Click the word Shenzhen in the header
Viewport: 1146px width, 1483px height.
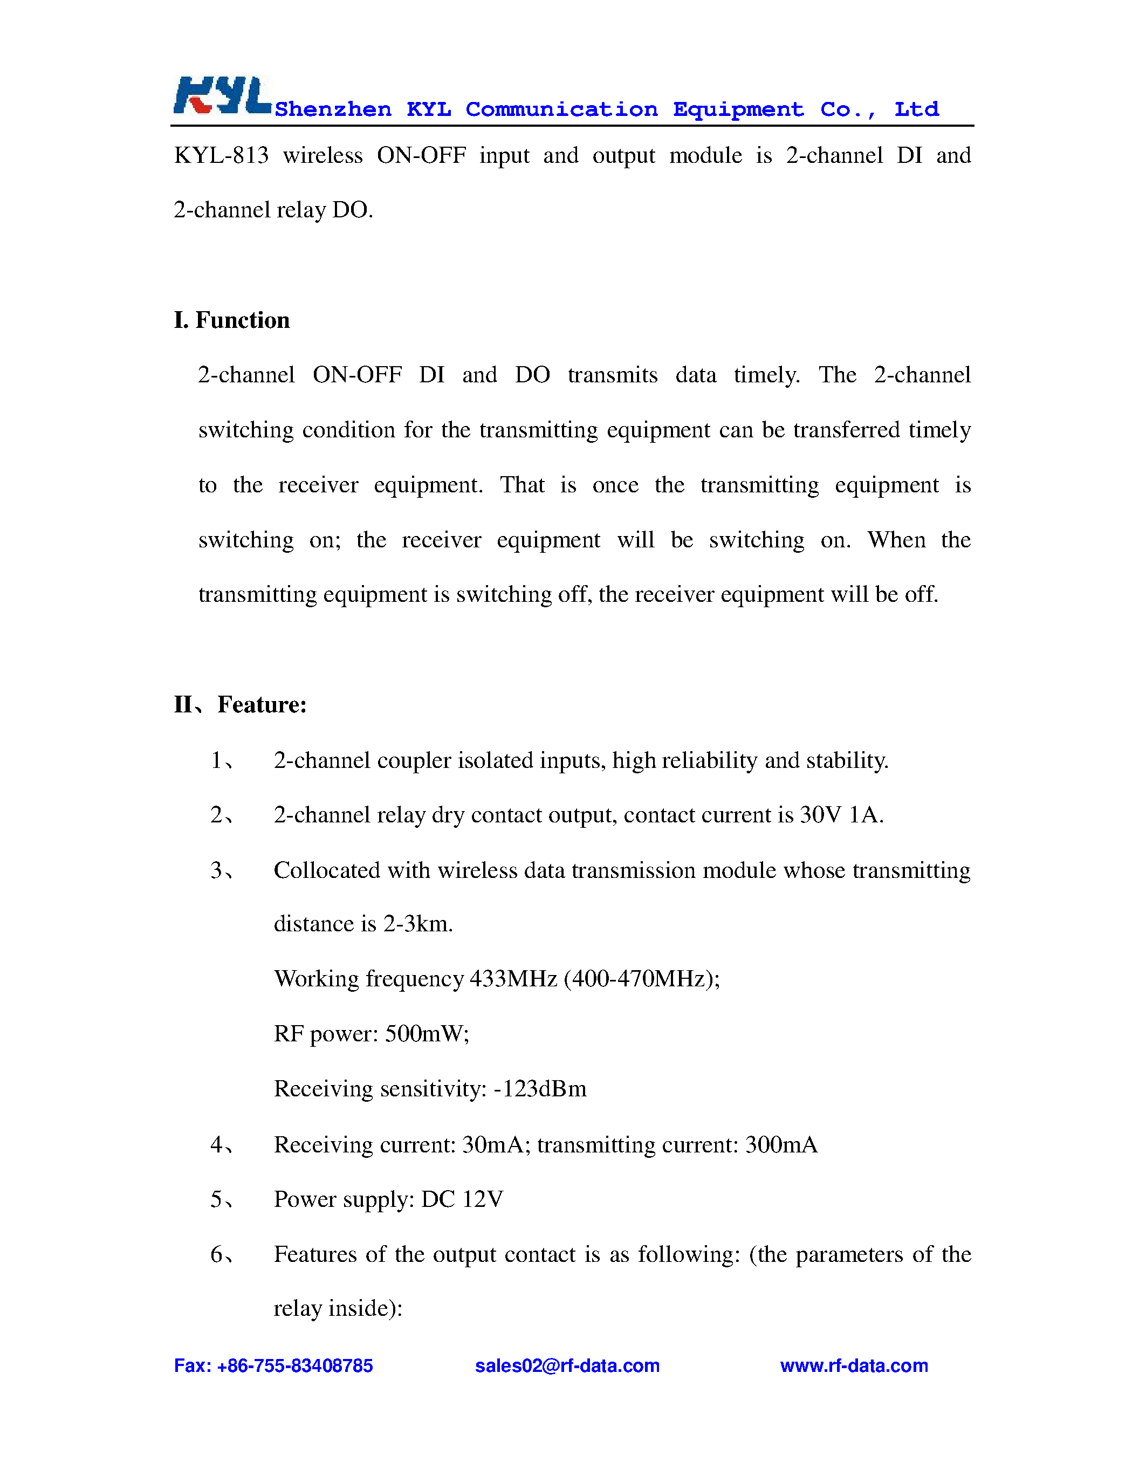click(333, 109)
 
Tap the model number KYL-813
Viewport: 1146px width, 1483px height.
click(221, 155)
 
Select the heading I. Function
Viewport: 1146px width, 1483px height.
click(231, 320)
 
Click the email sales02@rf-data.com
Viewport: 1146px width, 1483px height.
click(567, 1365)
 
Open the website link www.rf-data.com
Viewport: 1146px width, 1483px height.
click(853, 1365)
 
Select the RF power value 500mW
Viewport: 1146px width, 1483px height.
click(426, 1033)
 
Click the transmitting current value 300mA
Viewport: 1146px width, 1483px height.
click(781, 1145)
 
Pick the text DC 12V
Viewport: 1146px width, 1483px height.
click(462, 1199)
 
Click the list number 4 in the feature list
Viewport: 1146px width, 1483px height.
click(217, 1145)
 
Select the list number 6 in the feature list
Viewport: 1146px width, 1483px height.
click(217, 1254)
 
